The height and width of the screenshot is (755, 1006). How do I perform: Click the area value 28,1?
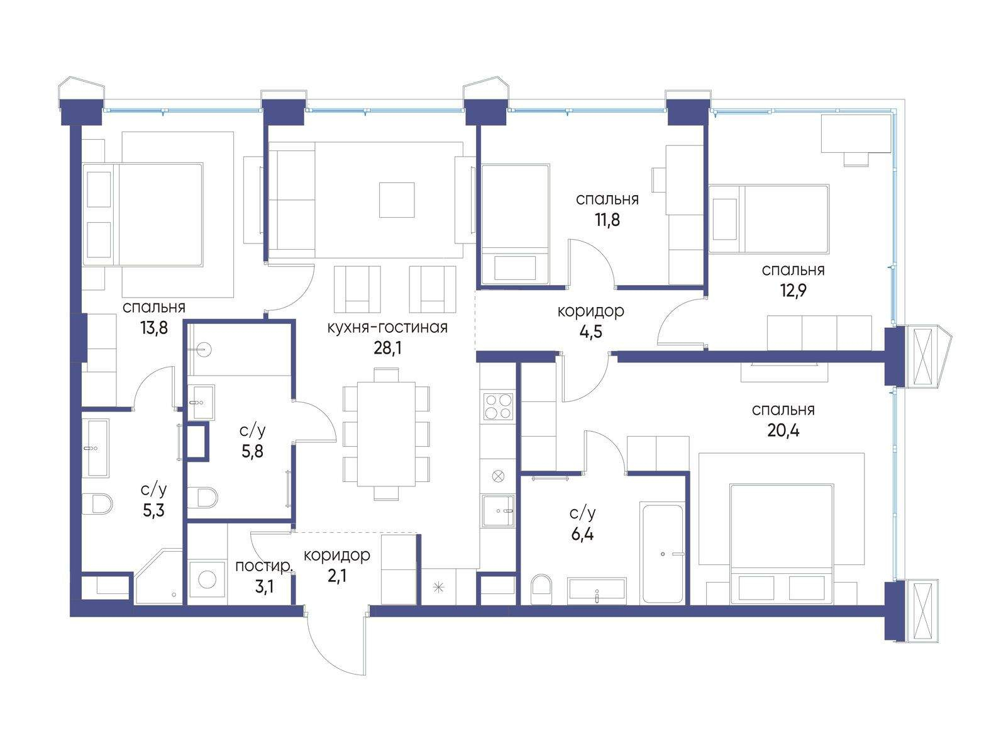click(387, 349)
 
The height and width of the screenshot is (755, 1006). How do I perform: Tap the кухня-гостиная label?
click(387, 328)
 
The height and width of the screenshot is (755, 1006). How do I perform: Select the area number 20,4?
click(783, 430)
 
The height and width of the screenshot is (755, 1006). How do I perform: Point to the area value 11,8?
click(607, 220)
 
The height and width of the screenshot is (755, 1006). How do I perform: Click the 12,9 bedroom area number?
click(793, 290)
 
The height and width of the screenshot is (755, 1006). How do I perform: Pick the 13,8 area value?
click(154, 328)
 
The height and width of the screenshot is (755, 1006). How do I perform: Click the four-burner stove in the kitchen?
click(498, 406)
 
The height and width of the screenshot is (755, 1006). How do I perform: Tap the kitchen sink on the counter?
click(498, 510)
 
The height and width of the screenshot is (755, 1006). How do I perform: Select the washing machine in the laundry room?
click(207, 579)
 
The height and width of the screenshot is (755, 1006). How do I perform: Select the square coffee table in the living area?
click(397, 200)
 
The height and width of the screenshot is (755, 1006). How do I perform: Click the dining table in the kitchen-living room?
click(386, 434)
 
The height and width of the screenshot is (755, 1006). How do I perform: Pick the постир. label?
click(263, 567)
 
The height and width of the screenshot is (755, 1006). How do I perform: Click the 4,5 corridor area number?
click(591, 332)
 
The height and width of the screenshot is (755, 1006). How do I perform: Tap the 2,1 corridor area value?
click(337, 575)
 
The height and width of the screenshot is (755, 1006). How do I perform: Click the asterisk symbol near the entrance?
click(439, 587)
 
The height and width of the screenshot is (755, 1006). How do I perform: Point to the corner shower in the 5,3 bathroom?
click(158, 577)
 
